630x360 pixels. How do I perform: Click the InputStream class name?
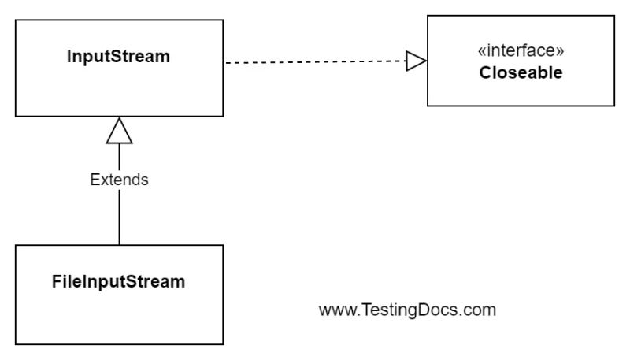(x=118, y=58)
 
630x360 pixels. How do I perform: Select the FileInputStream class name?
(x=118, y=281)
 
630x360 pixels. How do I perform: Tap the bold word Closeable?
(x=521, y=73)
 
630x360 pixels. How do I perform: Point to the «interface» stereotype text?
(x=521, y=52)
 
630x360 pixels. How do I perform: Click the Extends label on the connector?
(x=119, y=180)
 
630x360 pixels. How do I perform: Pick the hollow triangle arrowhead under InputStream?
(x=119, y=131)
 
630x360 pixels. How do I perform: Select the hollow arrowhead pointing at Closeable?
(x=416, y=61)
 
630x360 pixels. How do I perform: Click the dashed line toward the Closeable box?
(x=315, y=61)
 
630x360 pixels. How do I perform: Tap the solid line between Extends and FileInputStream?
(x=119, y=217)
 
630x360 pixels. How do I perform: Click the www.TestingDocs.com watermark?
(x=407, y=310)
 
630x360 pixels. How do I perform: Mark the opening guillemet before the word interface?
(x=482, y=53)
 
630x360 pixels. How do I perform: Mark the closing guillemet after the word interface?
(x=560, y=53)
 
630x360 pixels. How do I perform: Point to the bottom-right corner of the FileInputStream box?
(x=223, y=344)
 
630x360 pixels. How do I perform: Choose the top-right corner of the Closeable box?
(x=614, y=16)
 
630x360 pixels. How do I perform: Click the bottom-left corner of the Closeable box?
(x=428, y=106)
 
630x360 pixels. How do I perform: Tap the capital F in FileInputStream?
(x=56, y=281)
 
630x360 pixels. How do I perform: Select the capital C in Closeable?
(x=484, y=73)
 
